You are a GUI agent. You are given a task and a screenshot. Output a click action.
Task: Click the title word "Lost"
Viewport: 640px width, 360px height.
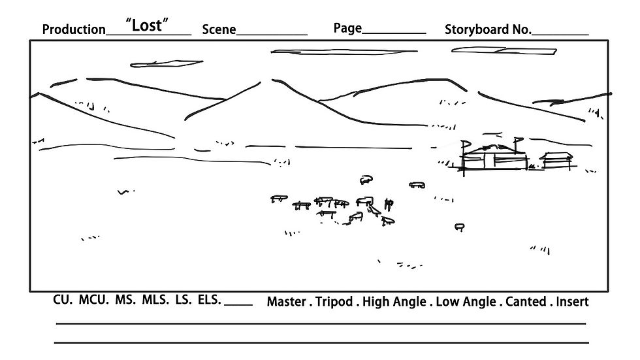tap(146, 25)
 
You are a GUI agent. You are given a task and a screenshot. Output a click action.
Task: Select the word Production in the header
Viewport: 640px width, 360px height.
tap(74, 29)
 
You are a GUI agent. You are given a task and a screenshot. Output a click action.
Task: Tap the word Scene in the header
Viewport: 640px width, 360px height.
tap(219, 29)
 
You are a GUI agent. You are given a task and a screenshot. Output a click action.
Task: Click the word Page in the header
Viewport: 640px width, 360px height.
tap(347, 28)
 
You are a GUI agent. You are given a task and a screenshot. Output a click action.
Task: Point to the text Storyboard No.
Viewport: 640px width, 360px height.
tap(488, 29)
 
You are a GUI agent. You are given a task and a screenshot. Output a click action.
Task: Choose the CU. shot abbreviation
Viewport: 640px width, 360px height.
tap(63, 300)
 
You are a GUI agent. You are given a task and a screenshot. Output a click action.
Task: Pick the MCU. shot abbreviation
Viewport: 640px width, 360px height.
tap(94, 300)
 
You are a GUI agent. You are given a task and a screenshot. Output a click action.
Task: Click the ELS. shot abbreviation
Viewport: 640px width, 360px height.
tap(210, 300)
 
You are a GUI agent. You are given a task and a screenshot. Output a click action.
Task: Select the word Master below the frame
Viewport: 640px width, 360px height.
tap(286, 302)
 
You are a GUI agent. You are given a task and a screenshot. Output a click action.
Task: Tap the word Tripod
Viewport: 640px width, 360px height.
tap(334, 302)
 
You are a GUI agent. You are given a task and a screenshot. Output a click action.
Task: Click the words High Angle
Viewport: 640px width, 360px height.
tap(394, 302)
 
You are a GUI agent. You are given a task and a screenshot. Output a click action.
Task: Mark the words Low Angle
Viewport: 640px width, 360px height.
tap(466, 302)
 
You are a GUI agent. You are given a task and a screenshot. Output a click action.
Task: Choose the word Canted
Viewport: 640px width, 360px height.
tap(526, 302)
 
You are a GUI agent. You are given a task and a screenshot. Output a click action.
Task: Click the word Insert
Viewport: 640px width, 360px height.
tap(572, 302)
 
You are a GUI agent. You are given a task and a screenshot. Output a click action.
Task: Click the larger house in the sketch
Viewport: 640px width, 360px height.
tap(494, 157)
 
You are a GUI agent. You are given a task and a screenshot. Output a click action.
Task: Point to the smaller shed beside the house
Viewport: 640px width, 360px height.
tap(556, 161)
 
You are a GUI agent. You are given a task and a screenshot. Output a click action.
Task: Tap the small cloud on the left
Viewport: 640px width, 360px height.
tap(166, 63)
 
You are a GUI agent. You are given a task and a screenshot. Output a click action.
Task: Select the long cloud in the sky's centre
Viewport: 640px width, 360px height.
tap(344, 52)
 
